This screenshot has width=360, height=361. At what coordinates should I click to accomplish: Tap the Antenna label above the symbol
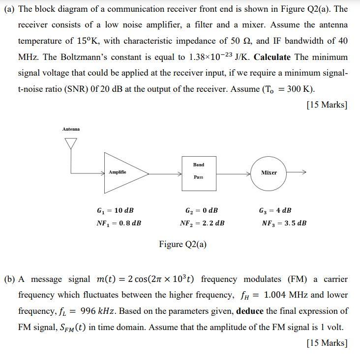pos(71,129)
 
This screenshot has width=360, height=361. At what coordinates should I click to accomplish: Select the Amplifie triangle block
pos(123,172)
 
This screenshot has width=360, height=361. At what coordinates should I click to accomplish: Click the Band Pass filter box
pos(199,171)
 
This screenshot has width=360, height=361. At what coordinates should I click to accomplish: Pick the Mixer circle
pos(269,173)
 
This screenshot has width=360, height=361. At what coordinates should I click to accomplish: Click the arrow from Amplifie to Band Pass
pos(165,173)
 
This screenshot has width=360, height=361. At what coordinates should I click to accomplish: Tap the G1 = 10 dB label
pos(116,210)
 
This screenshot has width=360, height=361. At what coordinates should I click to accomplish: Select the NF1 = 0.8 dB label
pos(119,223)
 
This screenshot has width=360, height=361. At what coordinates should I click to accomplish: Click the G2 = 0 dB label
pos(201,210)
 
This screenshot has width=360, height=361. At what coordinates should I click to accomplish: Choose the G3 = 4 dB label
pos(275,210)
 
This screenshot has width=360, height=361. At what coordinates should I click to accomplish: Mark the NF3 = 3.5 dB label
pos(284,223)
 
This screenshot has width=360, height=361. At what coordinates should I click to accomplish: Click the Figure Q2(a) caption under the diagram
pos(183,244)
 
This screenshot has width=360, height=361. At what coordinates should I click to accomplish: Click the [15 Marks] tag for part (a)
pos(327,105)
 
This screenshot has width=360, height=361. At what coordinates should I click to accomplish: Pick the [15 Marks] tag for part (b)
pos(327,343)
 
